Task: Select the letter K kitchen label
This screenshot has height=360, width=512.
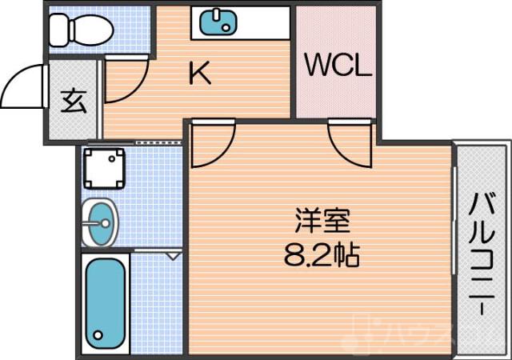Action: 200,74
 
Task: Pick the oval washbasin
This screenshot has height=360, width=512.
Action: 100,222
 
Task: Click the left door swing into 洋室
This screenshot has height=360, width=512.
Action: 211,144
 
